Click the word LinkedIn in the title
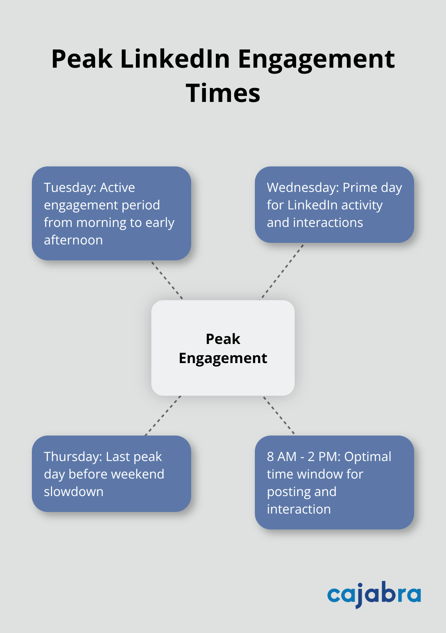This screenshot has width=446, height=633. coord(175,59)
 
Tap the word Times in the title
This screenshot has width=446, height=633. coord(223,93)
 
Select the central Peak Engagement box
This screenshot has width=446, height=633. coord(223,348)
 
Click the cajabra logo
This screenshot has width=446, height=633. coord(374,594)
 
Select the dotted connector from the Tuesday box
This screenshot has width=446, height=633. coord(167,280)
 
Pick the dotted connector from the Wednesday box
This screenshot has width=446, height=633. coord(282,272)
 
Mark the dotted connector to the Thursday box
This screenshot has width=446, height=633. coord(163,416)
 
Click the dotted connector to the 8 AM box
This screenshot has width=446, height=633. coord(279,415)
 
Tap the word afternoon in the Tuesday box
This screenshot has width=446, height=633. coord(73,240)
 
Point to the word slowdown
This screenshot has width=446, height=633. coord(74,492)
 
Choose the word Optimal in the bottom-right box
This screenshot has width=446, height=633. coord(368,457)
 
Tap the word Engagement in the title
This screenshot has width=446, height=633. coord(316,59)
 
